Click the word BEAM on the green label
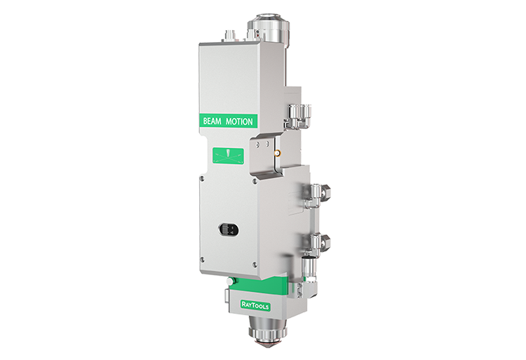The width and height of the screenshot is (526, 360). point(212,121)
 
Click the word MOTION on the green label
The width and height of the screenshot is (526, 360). point(239,121)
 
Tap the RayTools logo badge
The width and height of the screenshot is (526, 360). point(255,305)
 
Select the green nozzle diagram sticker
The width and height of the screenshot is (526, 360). point(228,156)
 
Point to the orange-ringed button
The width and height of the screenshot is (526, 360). point(278,154)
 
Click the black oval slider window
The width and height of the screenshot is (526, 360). point(229,229)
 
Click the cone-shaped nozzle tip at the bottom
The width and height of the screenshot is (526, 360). point(267,344)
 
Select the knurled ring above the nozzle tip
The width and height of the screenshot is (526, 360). point(267,333)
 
